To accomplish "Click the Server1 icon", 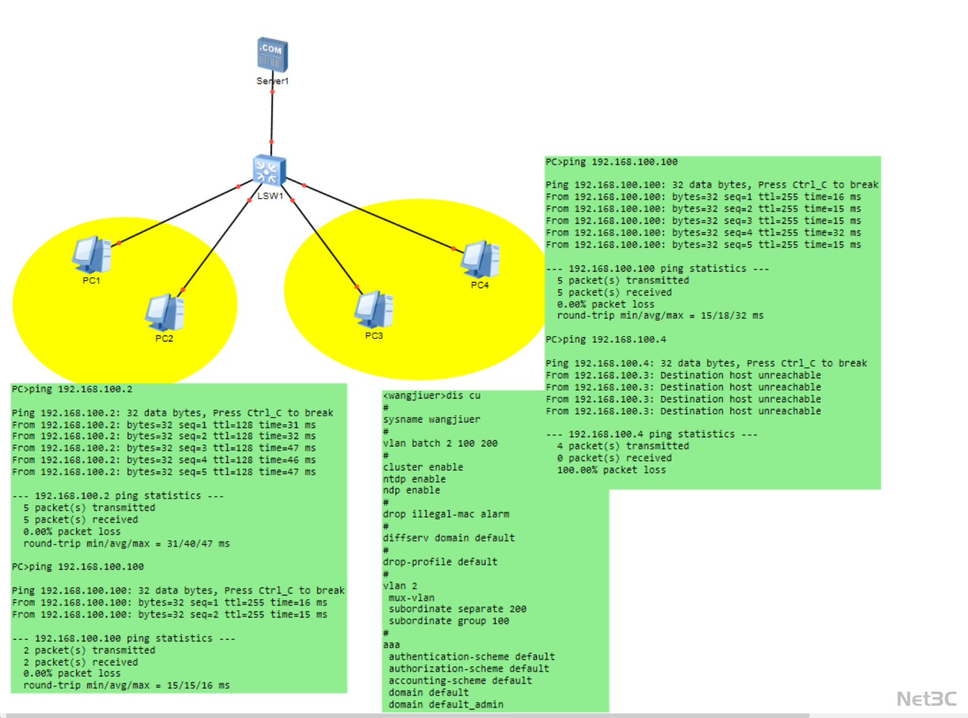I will click(272, 55).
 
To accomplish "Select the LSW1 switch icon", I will click(269, 170).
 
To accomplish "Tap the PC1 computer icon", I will click(91, 254).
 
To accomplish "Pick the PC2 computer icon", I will click(164, 313).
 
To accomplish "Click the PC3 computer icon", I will click(374, 309).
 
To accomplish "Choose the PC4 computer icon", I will click(480, 259).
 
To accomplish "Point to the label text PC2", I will click(164, 338).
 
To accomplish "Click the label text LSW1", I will click(271, 196).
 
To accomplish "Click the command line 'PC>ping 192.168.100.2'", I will click(72, 389).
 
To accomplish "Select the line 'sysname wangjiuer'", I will click(432, 419).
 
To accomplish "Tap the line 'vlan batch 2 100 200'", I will click(440, 443).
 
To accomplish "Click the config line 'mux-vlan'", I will click(412, 598).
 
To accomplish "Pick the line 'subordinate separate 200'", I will click(458, 609).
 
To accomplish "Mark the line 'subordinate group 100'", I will click(449, 621).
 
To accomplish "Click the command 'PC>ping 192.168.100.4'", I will click(606, 340).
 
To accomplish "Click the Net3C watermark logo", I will click(926, 699).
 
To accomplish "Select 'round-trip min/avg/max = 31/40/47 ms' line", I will click(126, 544).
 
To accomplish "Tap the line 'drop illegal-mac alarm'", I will click(446, 514).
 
